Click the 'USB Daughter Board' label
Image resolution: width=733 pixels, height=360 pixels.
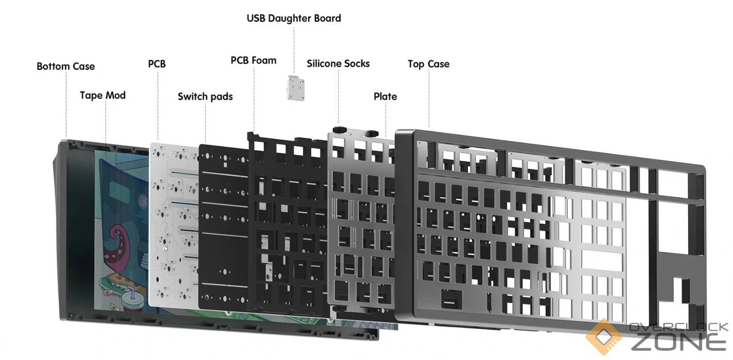pyautogui.click(x=293, y=18)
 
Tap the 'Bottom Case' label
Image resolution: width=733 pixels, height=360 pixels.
pyautogui.click(x=66, y=66)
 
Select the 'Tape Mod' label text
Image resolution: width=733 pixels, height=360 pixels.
pyautogui.click(x=103, y=95)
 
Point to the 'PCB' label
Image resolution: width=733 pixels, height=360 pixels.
pyautogui.click(x=157, y=64)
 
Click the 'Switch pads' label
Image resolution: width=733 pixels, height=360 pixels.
pyautogui.click(x=205, y=97)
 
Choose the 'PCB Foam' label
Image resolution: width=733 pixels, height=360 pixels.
pyautogui.click(x=253, y=61)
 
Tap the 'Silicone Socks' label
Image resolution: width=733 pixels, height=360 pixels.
pyautogui.click(x=338, y=64)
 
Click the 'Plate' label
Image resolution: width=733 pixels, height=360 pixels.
pyautogui.click(x=385, y=97)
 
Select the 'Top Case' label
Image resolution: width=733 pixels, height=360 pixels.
pyautogui.click(x=428, y=64)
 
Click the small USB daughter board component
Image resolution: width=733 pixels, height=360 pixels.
pyautogui.click(x=296, y=88)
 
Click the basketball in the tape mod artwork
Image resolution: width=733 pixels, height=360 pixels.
pyautogui.click(x=143, y=200)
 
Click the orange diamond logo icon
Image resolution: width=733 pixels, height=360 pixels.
pyautogui.click(x=604, y=336)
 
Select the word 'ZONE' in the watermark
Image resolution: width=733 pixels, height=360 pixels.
pyautogui.click(x=678, y=342)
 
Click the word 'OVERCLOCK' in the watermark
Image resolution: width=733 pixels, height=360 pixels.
pyautogui.click(x=679, y=327)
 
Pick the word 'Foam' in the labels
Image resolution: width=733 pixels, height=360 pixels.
pyautogui.click(x=264, y=61)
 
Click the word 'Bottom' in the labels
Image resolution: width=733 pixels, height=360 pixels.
pyautogui.click(x=53, y=66)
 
